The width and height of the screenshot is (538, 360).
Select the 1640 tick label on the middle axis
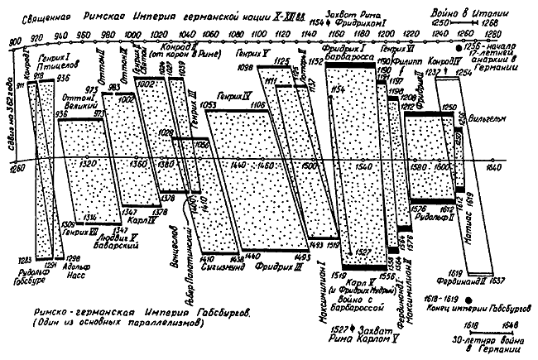pos(494,166)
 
